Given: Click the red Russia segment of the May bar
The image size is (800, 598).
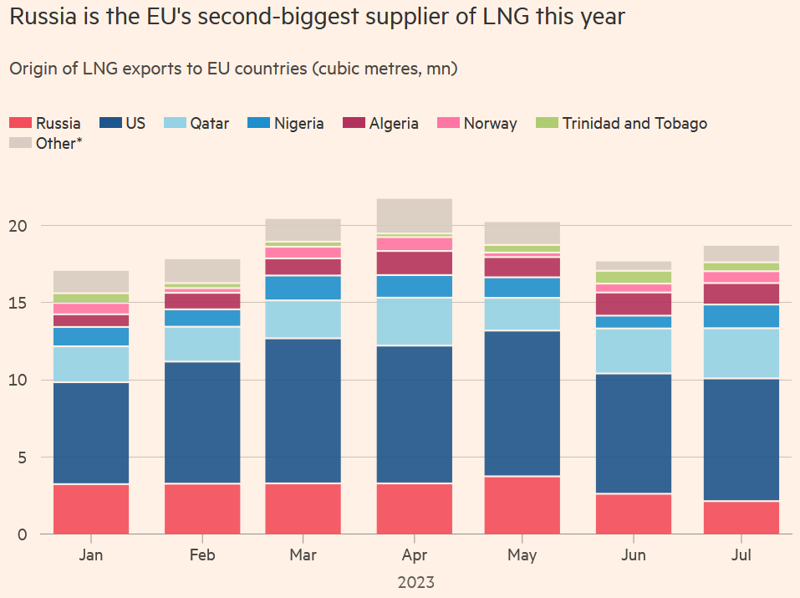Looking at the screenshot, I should coord(522,505).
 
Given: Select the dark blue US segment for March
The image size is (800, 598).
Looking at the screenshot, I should coord(303,411).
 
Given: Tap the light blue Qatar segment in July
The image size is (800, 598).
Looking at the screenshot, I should coord(742,354).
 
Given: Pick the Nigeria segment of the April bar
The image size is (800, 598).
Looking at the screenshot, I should coord(414,286).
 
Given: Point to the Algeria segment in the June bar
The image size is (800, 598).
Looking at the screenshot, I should coord(634,304).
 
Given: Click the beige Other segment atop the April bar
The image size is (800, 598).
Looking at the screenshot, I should coord(414,216).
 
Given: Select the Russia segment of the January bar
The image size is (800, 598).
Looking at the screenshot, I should coord(91,509).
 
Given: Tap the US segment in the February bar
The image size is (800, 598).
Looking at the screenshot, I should coord(202,422).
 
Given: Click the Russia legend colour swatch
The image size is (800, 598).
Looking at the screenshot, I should coord(20,124).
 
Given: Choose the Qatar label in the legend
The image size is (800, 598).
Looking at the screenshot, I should coord(209,124).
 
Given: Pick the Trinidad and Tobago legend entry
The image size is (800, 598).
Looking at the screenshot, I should coord(634,124).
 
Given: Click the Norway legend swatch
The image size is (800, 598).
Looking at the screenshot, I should coord(448,124).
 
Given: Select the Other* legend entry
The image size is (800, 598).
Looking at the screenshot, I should coord(59,144).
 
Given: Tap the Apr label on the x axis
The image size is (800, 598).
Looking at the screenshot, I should coord(414,555).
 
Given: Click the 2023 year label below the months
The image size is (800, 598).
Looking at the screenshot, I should coord(415,581).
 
